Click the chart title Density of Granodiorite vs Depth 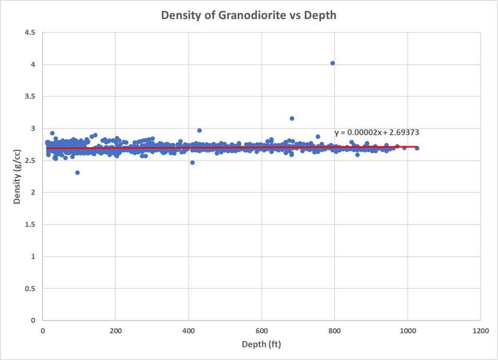tap(249, 15)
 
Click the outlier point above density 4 tap(332, 63)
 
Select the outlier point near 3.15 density tap(292, 119)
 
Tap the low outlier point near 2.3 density tap(77, 172)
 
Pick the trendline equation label tap(377, 133)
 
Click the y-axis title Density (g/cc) tap(17, 176)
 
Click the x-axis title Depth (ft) tap(261, 344)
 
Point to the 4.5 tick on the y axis tap(30, 32)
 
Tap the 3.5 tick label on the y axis tap(30, 97)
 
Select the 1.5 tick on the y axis tap(30, 225)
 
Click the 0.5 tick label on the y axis tap(30, 288)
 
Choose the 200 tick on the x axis tap(115, 330)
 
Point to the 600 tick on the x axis tap(261, 330)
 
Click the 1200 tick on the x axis tap(480, 330)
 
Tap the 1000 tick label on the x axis tap(407, 330)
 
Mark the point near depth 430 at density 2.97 tap(199, 131)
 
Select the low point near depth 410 tap(192, 162)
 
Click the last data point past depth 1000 tap(416, 148)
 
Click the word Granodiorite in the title tap(242, 15)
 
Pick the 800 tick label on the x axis tap(334, 330)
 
